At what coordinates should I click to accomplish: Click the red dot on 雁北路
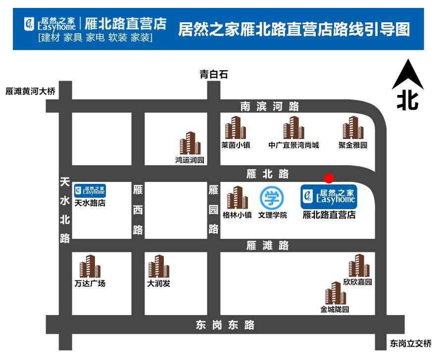[x=329, y=178]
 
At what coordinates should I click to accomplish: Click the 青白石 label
[x=213, y=75]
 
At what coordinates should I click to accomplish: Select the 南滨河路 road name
[x=270, y=106]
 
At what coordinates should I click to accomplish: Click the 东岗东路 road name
[x=225, y=325]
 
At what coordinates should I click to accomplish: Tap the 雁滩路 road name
[x=268, y=245]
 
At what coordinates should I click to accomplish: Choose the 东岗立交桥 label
[x=410, y=343]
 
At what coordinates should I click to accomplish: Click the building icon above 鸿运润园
[x=190, y=143]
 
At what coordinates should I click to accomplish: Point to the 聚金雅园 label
[x=353, y=145]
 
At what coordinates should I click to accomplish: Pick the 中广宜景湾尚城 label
[x=294, y=145]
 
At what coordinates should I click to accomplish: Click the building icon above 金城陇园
[x=335, y=293]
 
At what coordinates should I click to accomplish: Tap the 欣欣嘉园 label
[x=357, y=282]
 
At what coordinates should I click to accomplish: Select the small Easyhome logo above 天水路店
[x=90, y=190]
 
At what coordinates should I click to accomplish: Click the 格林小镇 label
[x=237, y=215]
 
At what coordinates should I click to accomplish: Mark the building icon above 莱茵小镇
[x=236, y=128]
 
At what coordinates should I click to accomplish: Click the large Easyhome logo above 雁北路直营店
[x=329, y=196]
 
